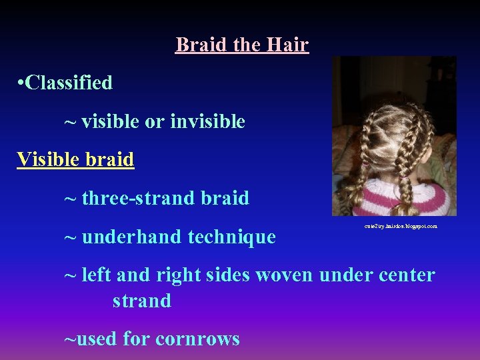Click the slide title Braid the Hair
pos(242,45)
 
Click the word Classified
pos(69,83)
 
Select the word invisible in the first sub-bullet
pos(207,121)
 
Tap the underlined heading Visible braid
pos(75,160)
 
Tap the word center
pos(398,275)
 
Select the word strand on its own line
pos(141,301)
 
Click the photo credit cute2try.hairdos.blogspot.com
pos(401,227)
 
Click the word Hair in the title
pos(287,45)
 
